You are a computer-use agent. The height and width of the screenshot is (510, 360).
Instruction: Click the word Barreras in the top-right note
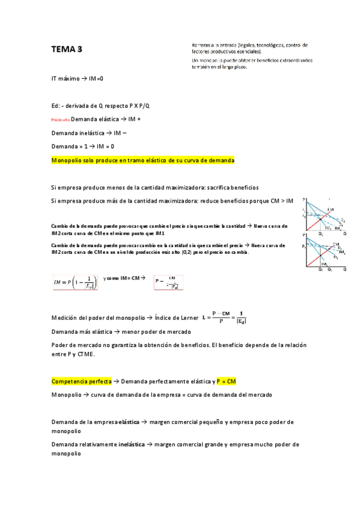[201, 45]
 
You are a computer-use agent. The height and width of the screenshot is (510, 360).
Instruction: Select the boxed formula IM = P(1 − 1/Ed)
[75, 281]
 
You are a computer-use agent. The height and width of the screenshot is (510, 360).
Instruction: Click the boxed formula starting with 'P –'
[168, 281]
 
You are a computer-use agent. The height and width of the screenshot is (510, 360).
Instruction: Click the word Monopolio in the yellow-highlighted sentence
[70, 161]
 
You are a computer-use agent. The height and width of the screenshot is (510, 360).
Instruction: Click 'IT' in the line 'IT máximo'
[55, 79]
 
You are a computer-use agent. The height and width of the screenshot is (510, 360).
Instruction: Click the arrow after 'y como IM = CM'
[143, 278]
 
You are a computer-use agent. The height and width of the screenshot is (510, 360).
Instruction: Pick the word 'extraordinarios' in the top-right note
[291, 60]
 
